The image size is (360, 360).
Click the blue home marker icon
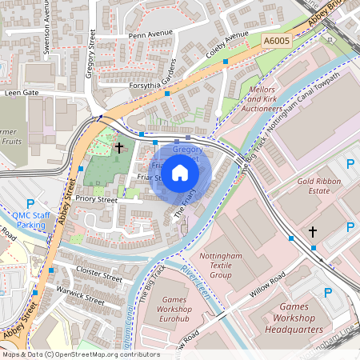pyautogui.click(x=180, y=173)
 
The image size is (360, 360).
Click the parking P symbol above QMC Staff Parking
pyautogui.click(x=31, y=203)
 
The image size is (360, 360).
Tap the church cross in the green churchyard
pyautogui.click(x=119, y=147)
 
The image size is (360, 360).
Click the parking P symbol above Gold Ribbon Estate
pyautogui.click(x=350, y=164)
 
